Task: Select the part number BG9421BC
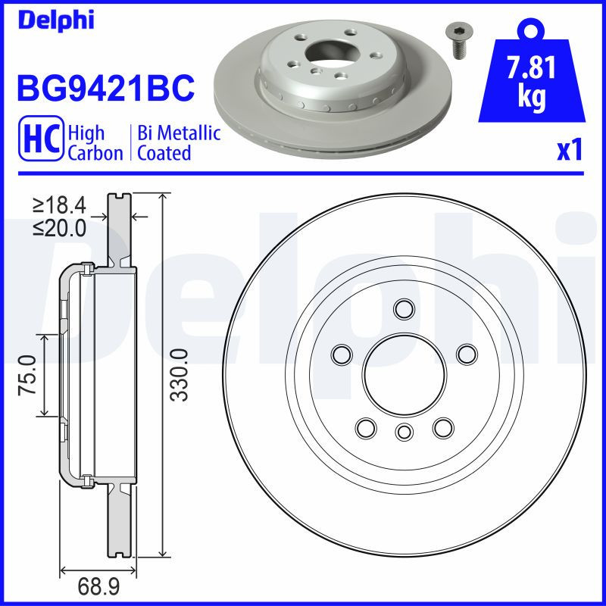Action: [x=105, y=89]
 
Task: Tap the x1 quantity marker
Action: [x=569, y=151]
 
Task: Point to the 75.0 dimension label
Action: [x=28, y=374]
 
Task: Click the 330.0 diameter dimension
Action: [x=179, y=374]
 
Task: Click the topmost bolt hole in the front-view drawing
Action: [x=404, y=309]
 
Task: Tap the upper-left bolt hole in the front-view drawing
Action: [x=342, y=354]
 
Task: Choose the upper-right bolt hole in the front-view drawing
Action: [x=466, y=354]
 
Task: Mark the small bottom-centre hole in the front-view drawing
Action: [x=404, y=432]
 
